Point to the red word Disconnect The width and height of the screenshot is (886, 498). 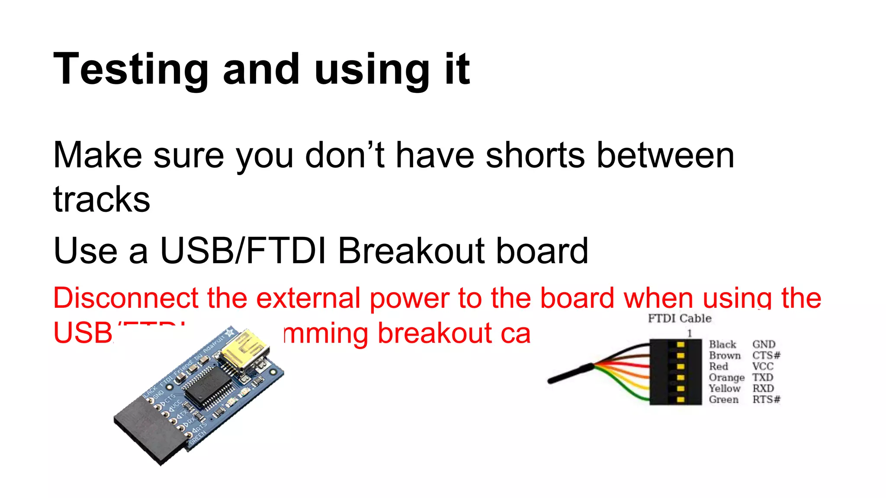126,298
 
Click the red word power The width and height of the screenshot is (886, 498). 409,299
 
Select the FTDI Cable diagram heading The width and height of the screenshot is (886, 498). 679,319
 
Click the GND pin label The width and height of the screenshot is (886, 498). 764,345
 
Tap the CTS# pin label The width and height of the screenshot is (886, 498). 766,355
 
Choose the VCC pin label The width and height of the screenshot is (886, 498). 762,367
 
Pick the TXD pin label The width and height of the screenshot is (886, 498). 762,377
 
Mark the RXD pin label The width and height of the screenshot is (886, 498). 763,389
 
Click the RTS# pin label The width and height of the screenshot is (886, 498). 766,399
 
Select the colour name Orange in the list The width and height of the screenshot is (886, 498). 726,378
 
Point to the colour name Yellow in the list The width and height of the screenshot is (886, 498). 725,389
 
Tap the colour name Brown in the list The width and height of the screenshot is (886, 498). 725,355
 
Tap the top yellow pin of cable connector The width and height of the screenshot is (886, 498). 680,345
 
